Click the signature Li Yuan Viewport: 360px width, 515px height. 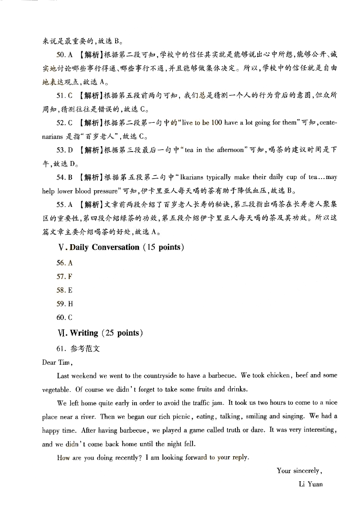[310, 484]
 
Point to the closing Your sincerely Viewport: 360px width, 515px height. [299, 471]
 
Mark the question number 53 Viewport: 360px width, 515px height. [61, 150]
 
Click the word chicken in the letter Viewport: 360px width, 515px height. [279, 376]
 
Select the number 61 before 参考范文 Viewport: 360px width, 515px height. [61, 349]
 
